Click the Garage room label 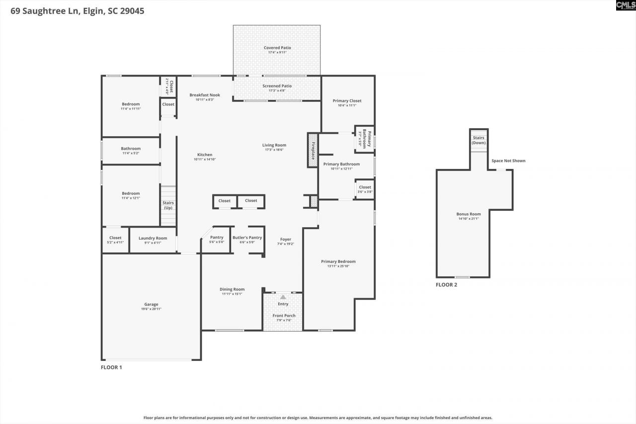tap(151, 304)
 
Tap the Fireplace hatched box tap(313, 150)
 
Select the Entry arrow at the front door tap(283, 297)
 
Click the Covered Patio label tap(277, 48)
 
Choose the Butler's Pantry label tap(247, 238)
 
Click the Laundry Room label tap(153, 238)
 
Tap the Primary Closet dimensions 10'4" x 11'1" tap(347, 105)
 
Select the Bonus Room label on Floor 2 tap(469, 214)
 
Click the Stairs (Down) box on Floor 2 tap(479, 140)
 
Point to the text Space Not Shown tap(508, 161)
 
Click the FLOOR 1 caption tap(111, 367)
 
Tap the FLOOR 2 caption tap(446, 285)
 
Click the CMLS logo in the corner tap(625, 5)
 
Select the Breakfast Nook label tap(205, 95)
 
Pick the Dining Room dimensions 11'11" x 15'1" tap(232, 294)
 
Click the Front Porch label tap(284, 316)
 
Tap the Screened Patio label tap(277, 86)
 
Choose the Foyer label tap(285, 239)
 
